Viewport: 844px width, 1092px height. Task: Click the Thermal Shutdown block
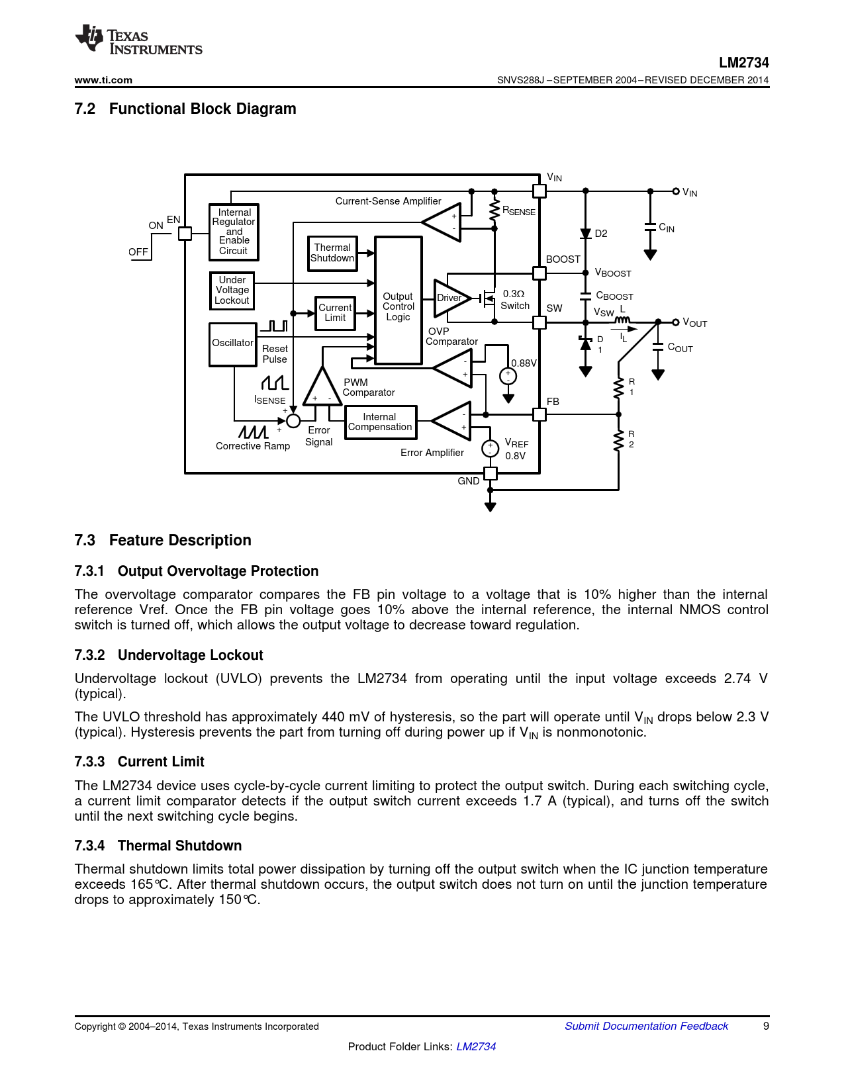(332, 253)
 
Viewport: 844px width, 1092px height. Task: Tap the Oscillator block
(232, 343)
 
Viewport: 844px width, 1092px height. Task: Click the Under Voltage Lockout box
(232, 291)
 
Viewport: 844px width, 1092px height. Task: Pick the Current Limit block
(335, 313)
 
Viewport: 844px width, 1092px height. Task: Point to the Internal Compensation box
(381, 422)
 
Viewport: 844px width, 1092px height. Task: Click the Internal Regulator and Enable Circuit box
(234, 232)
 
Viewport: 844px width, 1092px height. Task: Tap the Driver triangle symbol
(450, 298)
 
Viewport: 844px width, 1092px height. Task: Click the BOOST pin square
(539, 273)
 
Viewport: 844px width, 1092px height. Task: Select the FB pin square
(539, 414)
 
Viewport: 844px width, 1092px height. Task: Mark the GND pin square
(491, 473)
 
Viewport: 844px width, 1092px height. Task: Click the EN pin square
(185, 233)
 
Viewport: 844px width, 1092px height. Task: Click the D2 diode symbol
(585, 234)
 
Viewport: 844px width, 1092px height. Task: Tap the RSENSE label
(519, 211)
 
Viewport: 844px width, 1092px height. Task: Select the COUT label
(680, 348)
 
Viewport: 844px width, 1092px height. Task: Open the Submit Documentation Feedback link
(646, 1026)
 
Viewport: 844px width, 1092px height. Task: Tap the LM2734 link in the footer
(476, 1046)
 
